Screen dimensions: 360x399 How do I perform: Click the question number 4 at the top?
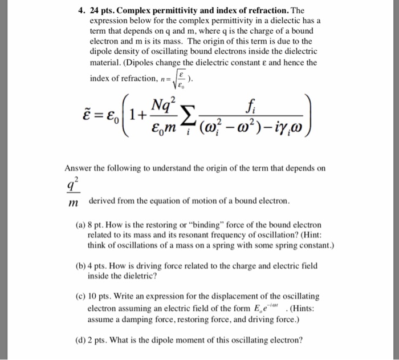coord(82,10)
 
